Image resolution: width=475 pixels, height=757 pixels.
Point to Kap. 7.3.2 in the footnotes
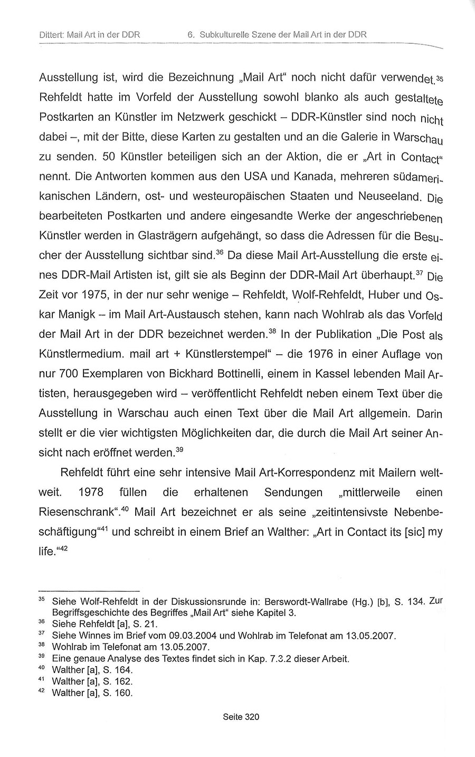(x=255, y=658)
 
